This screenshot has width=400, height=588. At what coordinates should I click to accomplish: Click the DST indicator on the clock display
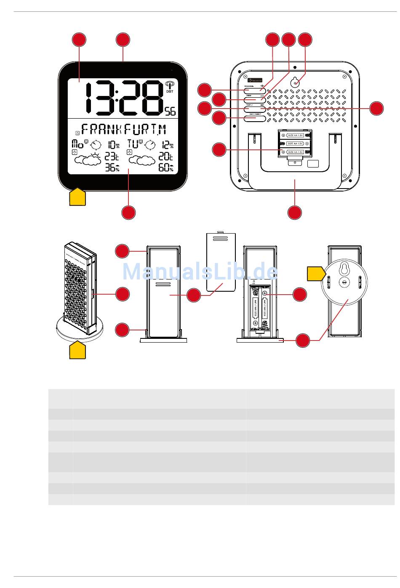pos(170,91)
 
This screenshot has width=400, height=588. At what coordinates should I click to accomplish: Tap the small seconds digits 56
pos(170,111)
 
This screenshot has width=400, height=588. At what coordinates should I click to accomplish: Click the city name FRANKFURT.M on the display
pos(124,129)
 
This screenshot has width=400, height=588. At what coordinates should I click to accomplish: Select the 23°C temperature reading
pos(112,157)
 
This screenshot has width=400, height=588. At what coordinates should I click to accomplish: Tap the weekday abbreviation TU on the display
pos(133,144)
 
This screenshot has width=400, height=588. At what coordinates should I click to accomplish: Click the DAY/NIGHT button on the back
pos(255,119)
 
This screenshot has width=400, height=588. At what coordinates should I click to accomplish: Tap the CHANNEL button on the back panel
pos(255,90)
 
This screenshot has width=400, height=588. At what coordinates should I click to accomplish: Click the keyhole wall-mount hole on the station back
pos(296,83)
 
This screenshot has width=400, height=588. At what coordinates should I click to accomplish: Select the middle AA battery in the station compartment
pos(296,144)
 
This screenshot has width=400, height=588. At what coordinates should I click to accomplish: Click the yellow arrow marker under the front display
pos(77,197)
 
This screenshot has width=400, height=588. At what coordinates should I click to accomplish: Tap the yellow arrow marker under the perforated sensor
pos(77,350)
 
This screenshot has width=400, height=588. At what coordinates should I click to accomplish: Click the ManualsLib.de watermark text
pos(200,271)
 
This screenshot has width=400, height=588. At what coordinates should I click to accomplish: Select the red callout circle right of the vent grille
pos(377,108)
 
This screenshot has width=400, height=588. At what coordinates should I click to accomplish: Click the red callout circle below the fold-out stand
pos(295,213)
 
